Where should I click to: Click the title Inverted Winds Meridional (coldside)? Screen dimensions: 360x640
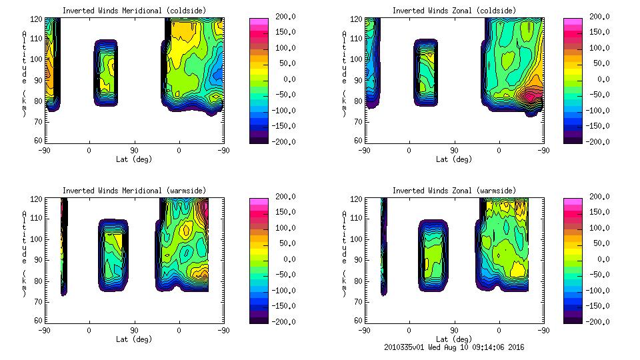point(134,11)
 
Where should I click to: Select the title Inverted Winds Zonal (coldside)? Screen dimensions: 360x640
point(454,11)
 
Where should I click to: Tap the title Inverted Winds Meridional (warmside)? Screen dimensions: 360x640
point(134,191)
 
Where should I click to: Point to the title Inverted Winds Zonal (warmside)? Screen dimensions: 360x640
point(454,191)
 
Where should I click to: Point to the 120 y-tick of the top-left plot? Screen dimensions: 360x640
point(37,19)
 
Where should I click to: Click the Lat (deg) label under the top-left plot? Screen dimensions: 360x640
point(134,159)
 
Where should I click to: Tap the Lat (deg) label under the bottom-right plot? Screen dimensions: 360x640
point(454,339)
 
